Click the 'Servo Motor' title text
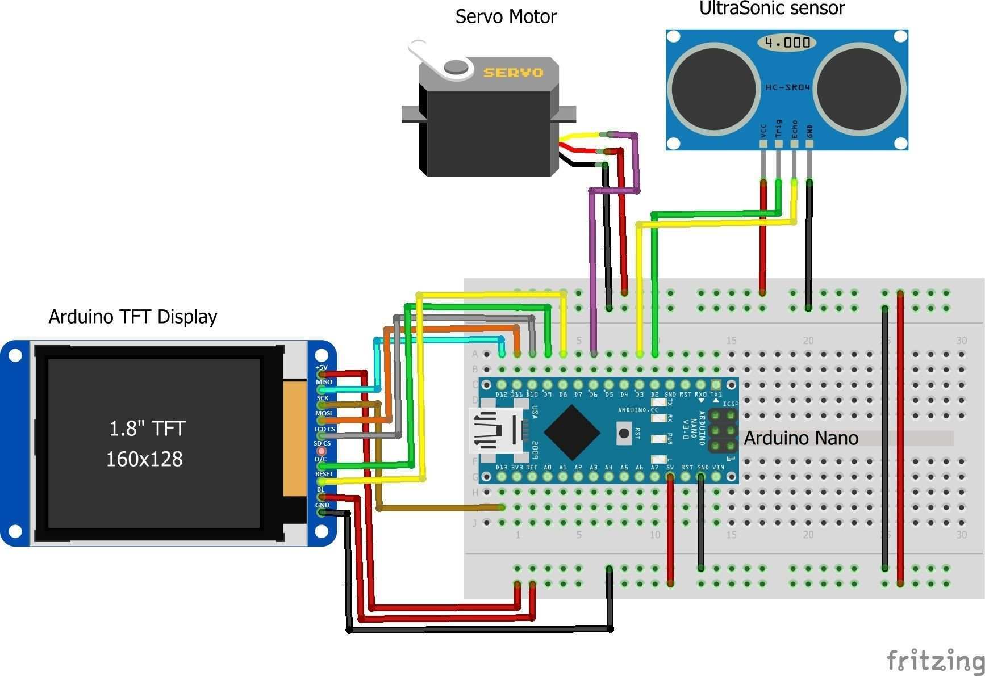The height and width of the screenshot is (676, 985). tap(506, 16)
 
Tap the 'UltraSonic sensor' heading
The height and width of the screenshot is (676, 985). tap(771, 9)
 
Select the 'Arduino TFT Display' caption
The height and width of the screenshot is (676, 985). tap(133, 317)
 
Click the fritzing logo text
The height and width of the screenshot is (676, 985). tap(935, 661)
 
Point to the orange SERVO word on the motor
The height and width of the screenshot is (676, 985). tap(513, 73)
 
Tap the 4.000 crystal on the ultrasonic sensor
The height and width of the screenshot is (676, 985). tap(787, 43)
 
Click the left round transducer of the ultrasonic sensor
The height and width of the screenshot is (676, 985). tap(713, 89)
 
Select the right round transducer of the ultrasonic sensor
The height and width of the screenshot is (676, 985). tap(859, 89)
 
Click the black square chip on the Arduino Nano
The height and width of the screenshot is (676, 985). tap(571, 433)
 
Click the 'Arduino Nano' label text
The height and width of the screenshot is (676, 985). tap(800, 438)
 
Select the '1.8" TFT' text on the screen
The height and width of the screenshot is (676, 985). tap(147, 429)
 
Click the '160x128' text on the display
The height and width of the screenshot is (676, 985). tap(144, 459)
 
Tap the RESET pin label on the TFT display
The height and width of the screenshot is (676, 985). tap(324, 474)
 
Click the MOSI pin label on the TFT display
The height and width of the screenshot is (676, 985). tap(323, 413)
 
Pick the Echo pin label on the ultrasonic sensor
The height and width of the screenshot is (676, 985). tap(794, 129)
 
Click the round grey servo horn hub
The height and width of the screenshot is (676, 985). tap(456, 67)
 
